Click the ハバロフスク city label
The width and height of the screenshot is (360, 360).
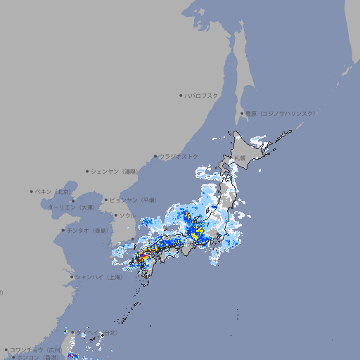(202, 95)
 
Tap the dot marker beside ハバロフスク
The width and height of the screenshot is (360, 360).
(181, 95)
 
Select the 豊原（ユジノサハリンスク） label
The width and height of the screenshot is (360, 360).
(281, 113)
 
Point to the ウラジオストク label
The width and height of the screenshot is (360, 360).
(179, 156)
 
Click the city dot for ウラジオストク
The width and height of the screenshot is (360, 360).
(156, 156)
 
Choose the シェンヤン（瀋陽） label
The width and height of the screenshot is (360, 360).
(116, 171)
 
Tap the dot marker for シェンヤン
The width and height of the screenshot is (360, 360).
(87, 171)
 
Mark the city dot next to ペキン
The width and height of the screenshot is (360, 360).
(32, 191)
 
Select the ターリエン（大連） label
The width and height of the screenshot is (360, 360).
(71, 207)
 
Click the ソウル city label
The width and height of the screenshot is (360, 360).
(128, 215)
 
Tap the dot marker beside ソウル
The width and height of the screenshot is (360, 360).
(115, 215)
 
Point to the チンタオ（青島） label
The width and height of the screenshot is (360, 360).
(87, 230)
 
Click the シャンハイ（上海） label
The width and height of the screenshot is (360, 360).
(99, 277)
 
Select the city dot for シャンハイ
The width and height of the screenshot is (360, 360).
(72, 277)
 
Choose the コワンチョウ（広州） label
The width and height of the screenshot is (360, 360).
(36, 349)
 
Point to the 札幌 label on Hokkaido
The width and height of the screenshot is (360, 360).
(240, 157)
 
